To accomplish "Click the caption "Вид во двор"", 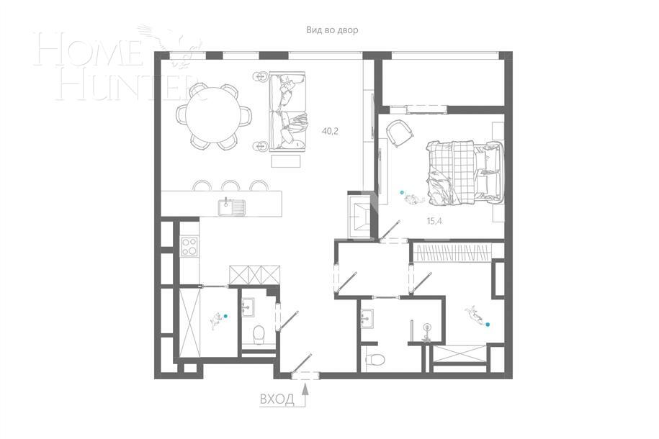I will pyautogui.click(x=331, y=30).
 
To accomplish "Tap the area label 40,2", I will pyautogui.click(x=331, y=131).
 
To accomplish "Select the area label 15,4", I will pyautogui.click(x=434, y=221).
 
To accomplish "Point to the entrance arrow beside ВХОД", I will pyautogui.click(x=305, y=395).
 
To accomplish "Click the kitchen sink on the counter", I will pyautogui.click(x=232, y=207).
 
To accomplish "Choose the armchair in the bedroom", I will pyautogui.click(x=397, y=132).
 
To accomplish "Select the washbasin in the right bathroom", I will pyautogui.click(x=367, y=318).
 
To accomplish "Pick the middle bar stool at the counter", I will pyautogui.click(x=230, y=186).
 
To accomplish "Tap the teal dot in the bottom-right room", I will pyautogui.click(x=489, y=325).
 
